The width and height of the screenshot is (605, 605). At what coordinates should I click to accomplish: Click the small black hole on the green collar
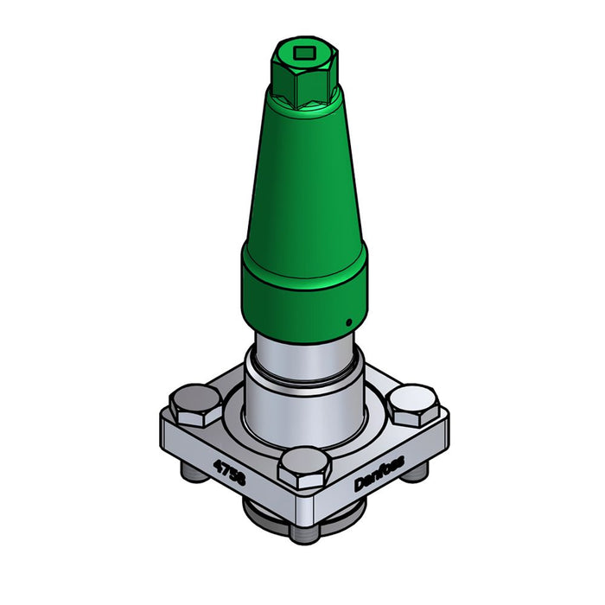347,323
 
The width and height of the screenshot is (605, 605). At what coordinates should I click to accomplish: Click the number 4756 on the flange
230,474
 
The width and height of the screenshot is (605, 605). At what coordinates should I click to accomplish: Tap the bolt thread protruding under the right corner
421,472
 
